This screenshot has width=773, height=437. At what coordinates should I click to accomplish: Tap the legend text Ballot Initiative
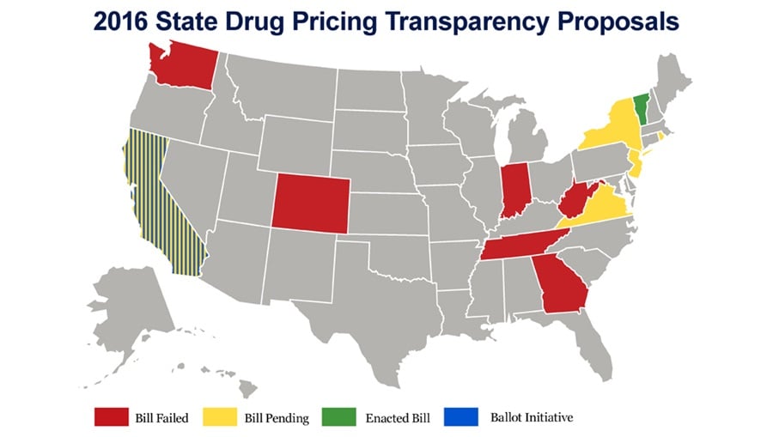(533, 417)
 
